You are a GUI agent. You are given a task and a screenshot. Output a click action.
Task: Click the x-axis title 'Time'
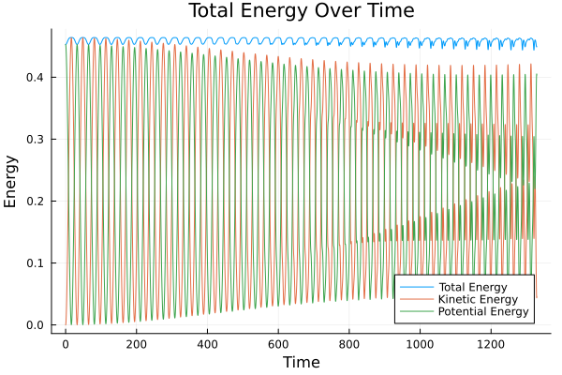302,363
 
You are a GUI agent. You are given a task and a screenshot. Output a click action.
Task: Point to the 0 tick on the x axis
66,344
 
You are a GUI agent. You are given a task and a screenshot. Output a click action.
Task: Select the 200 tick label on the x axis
137,344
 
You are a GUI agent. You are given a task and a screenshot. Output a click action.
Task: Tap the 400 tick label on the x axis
207,344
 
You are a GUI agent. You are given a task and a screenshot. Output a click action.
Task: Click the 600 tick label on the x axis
278,344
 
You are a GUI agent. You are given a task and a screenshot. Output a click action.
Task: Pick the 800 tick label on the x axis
349,344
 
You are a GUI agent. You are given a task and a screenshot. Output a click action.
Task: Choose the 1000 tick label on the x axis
420,344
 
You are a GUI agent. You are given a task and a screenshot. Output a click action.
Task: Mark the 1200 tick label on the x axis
491,344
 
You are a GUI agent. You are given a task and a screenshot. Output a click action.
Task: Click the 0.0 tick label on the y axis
37,325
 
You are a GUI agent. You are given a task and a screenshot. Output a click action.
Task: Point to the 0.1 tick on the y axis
37,263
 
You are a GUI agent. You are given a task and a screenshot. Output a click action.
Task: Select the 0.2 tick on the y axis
37,201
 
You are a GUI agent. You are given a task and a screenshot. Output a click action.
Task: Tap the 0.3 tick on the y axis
37,139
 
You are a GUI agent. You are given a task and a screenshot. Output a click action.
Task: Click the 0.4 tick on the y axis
37,77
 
